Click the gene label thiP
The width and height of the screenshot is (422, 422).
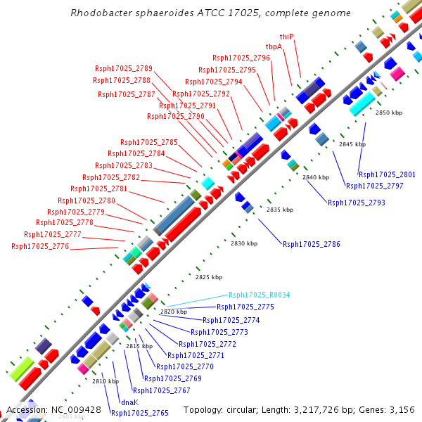point(286,36)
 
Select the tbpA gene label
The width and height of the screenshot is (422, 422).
point(274,46)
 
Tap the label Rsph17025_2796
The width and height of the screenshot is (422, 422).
point(241,58)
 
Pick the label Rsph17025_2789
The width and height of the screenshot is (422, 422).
point(124,68)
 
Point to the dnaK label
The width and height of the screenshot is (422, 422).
point(129,402)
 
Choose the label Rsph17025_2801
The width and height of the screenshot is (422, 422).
point(387,174)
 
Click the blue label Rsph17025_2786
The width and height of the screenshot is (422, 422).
point(312,244)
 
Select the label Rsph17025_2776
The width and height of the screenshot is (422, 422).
point(40,246)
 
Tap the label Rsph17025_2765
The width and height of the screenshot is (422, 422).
point(140,413)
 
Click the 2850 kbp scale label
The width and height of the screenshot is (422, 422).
point(389,113)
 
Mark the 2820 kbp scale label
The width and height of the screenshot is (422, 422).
point(174,312)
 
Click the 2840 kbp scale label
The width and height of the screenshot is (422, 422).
point(316,177)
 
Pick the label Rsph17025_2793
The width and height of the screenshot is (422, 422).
point(357,203)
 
